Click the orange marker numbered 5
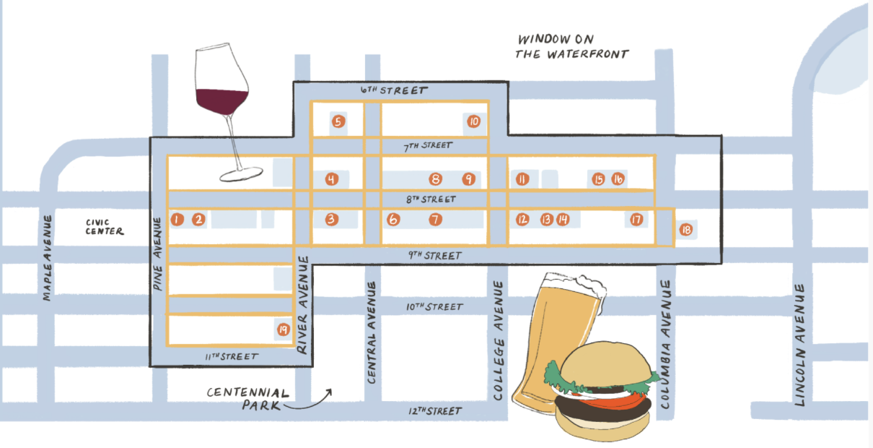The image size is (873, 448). point(337,121)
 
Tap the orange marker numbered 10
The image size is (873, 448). point(473,121)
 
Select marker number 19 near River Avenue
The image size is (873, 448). point(283,330)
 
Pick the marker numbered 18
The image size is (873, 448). point(685,230)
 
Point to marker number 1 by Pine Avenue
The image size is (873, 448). point(177,219)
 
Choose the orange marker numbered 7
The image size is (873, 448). point(434,219)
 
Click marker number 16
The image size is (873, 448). point(618,179)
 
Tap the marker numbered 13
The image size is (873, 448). point(546,219)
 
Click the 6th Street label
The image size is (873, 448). point(394,90)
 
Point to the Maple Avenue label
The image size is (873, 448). point(48,257)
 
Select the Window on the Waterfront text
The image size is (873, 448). point(572,46)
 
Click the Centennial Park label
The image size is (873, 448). point(247,400)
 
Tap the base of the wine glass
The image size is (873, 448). point(240,174)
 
